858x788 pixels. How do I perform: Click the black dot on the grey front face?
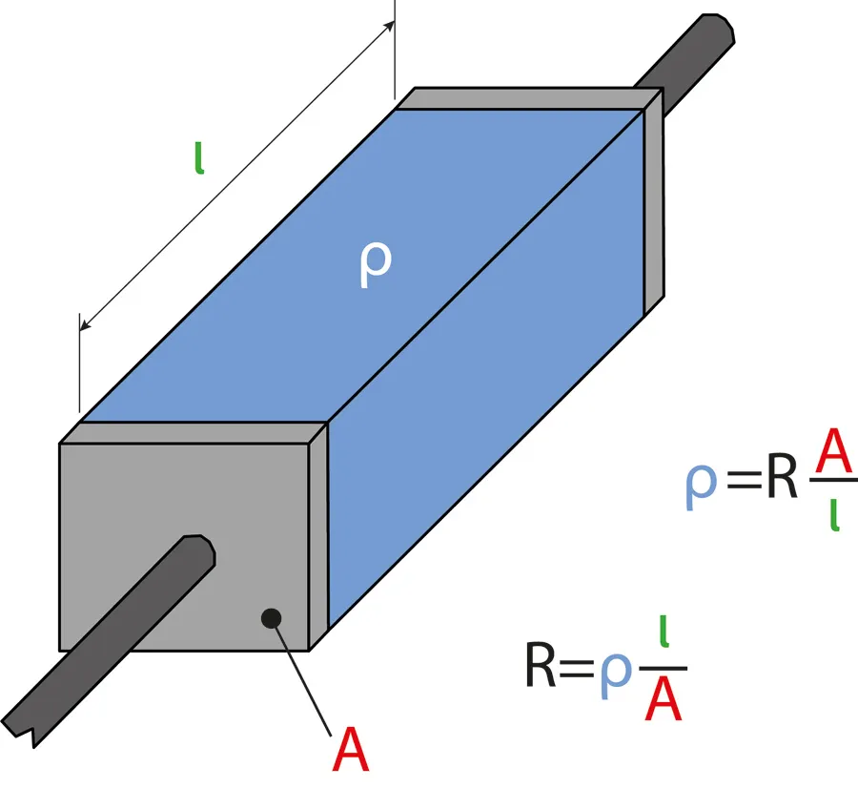271,617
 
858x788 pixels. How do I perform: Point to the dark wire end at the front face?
196,551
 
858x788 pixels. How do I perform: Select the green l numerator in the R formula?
664,635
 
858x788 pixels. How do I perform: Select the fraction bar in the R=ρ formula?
664,669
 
